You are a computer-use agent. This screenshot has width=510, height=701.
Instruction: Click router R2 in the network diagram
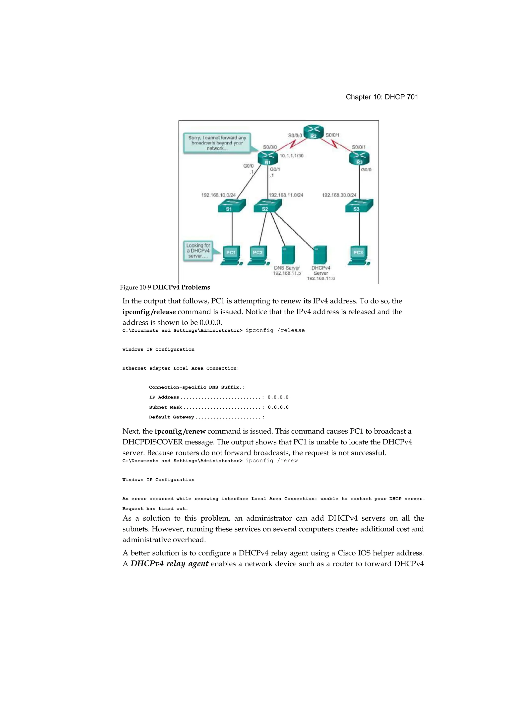[x=314, y=132]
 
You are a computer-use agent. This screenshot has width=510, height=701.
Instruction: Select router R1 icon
[x=268, y=158]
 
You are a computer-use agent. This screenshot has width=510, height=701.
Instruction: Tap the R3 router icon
[x=359, y=158]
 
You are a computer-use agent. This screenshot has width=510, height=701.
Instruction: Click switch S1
[x=232, y=205]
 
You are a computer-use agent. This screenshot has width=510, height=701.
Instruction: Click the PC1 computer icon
[x=231, y=255]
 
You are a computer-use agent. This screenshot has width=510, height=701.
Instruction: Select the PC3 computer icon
[x=359, y=255]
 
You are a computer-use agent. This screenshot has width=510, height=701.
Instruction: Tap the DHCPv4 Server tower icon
[x=320, y=255]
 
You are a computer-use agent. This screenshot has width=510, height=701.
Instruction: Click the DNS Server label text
[x=287, y=268]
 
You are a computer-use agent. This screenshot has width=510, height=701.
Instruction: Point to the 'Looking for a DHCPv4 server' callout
[x=198, y=251]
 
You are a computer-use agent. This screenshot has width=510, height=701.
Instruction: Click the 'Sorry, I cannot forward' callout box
[x=217, y=143]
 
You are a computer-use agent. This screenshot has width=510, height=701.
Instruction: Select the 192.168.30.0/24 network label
[x=339, y=195]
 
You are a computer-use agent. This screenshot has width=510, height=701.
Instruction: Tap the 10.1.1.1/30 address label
[x=292, y=156]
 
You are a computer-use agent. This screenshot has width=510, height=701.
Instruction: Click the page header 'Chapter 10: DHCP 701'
[x=382, y=97]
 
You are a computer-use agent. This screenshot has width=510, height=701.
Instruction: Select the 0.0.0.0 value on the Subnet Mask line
[x=278, y=407]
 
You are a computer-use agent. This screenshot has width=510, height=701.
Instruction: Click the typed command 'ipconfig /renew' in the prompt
[x=271, y=460]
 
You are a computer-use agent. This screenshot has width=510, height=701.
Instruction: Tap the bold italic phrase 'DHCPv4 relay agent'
[x=169, y=563]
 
